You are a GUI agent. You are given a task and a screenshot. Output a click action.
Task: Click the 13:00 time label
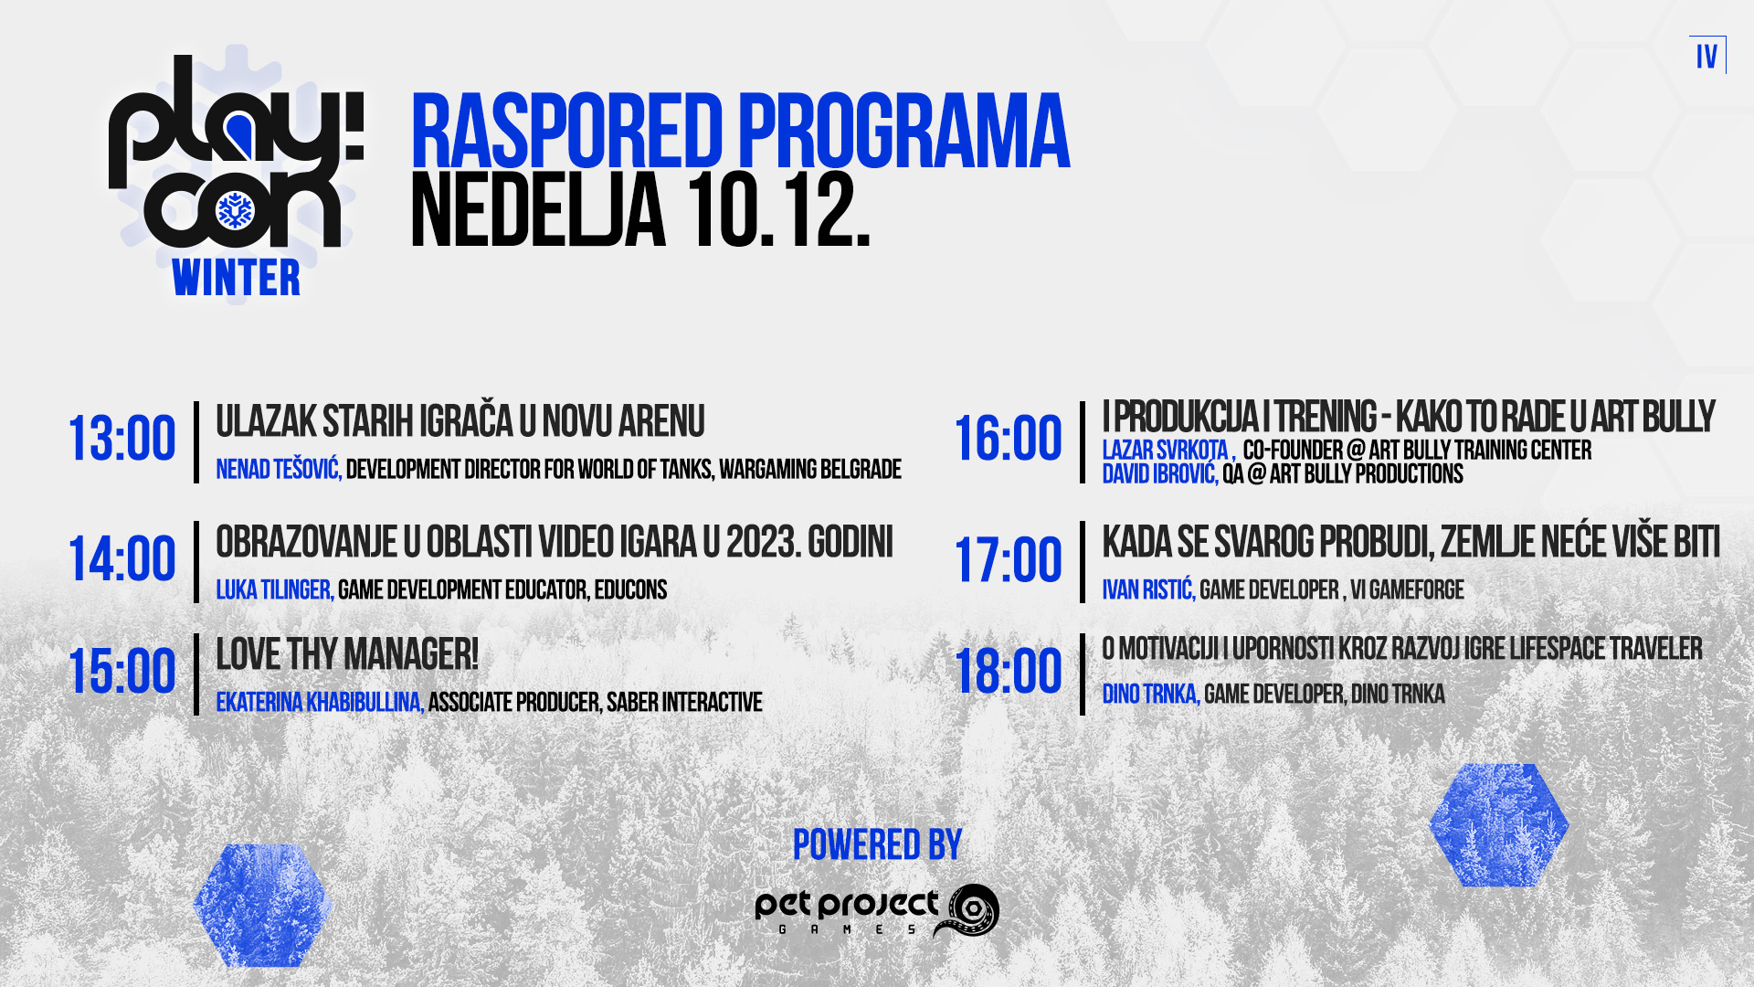tap(122, 440)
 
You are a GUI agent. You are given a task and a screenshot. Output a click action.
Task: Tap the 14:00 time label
tap(122, 559)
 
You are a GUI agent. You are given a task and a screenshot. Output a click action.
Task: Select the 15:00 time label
tap(122, 672)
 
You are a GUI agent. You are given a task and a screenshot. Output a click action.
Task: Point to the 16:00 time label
tap(1009, 440)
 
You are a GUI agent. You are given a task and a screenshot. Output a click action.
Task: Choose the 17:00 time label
tap(1009, 560)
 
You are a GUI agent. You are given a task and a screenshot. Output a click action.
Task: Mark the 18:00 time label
tap(1009, 672)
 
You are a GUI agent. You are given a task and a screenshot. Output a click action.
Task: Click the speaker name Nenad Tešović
tap(279, 470)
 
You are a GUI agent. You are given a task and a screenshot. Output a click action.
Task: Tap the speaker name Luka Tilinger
tap(275, 590)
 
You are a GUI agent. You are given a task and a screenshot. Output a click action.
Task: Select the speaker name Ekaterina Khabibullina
tap(320, 703)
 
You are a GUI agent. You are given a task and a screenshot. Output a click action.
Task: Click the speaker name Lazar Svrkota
tap(1168, 451)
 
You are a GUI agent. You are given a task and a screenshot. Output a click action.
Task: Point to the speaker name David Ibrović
tap(1160, 474)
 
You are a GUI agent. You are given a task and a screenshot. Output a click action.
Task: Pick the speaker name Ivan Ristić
tap(1148, 590)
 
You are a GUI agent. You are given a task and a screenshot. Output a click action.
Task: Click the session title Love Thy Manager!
tap(347, 655)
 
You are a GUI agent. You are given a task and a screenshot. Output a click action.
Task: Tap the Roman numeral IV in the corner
tap(1706, 57)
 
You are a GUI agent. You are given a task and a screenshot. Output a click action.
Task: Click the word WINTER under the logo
tap(236, 279)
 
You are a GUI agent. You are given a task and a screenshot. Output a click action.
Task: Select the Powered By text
tap(877, 845)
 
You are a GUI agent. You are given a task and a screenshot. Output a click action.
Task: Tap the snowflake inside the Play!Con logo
tap(235, 211)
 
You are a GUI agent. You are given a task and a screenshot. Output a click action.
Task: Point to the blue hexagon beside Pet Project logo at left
tap(262, 906)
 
